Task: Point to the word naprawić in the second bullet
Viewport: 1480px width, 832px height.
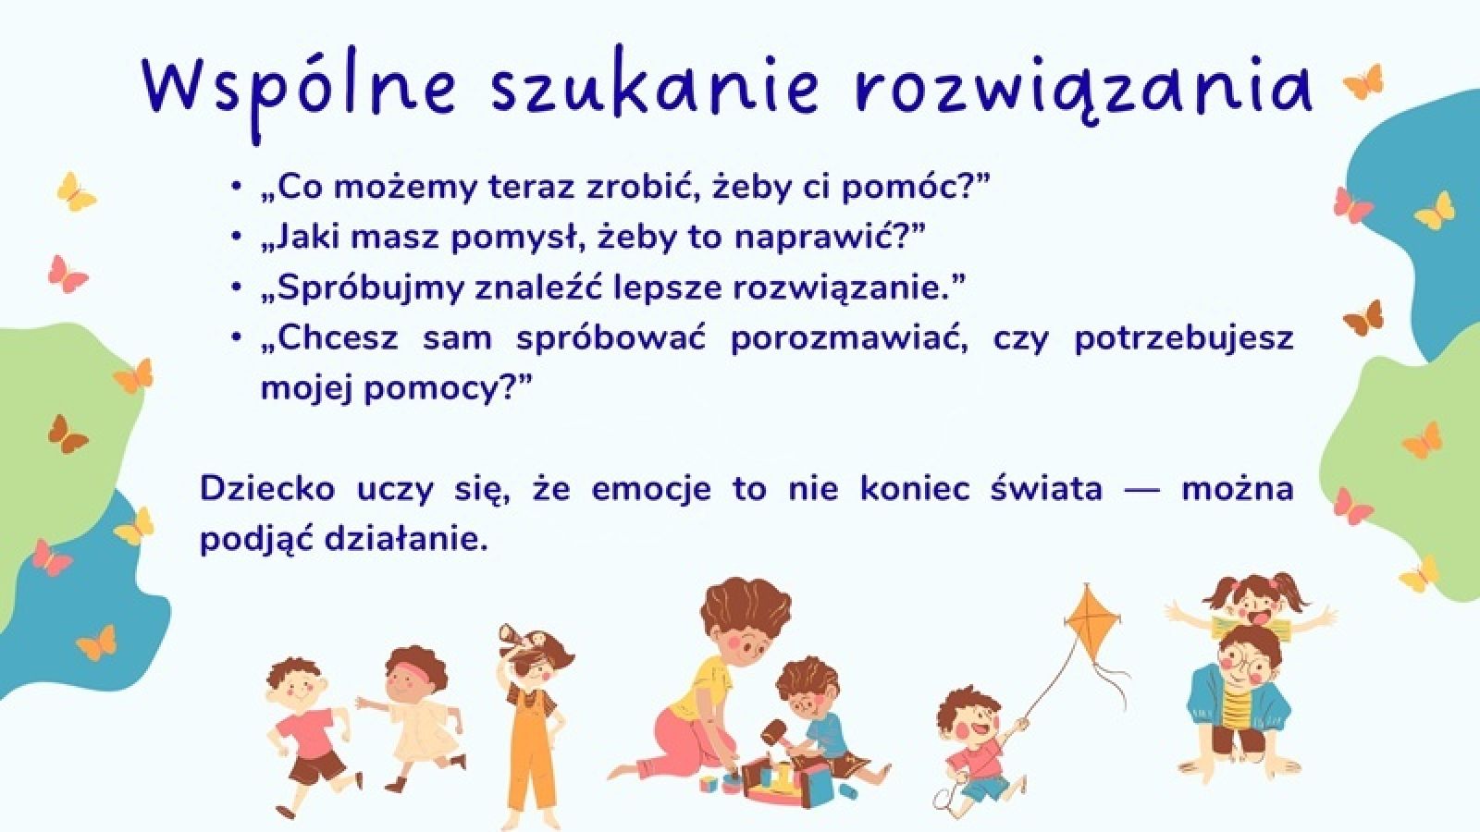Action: click(828, 238)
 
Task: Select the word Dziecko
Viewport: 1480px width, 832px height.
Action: click(267, 489)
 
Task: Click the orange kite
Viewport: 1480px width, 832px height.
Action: click(1091, 623)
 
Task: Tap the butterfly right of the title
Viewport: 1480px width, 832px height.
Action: click(1363, 82)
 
